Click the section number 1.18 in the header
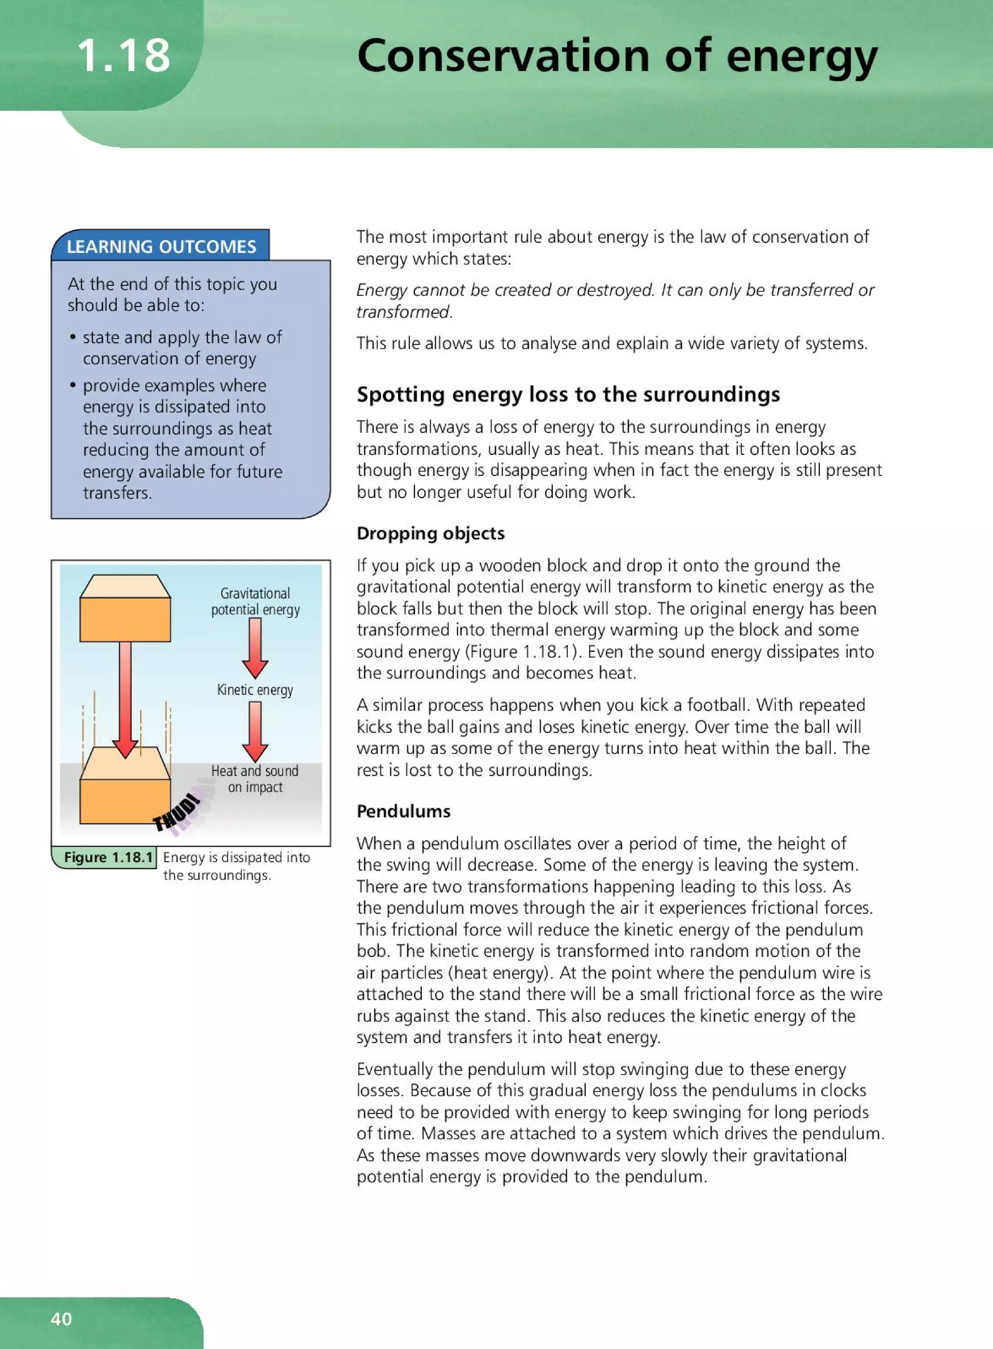coord(124,55)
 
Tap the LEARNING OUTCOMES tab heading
coord(161,246)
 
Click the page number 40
coord(61,1318)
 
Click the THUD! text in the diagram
coord(176,813)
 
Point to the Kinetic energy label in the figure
coord(255,690)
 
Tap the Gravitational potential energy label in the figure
coord(255,601)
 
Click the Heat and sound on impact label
coord(255,778)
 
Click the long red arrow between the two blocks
coord(125,697)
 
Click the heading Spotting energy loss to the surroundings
coord(568,394)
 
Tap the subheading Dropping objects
coord(431,533)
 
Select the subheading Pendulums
coord(403,811)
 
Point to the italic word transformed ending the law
coord(403,312)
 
